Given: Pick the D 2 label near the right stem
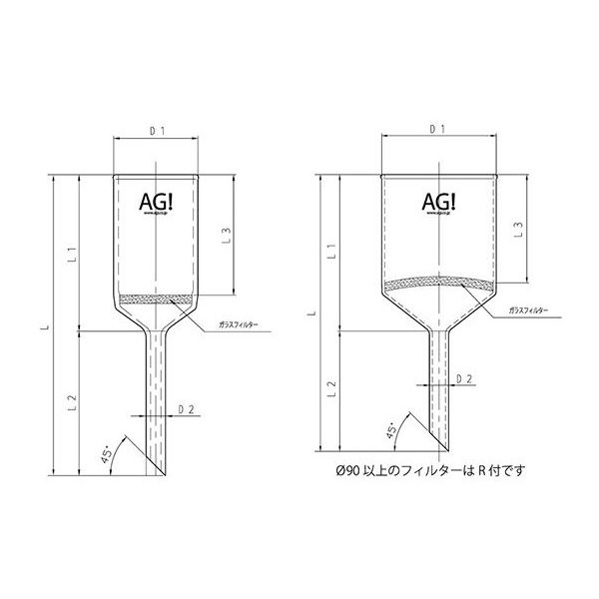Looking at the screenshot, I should point(464,379).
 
